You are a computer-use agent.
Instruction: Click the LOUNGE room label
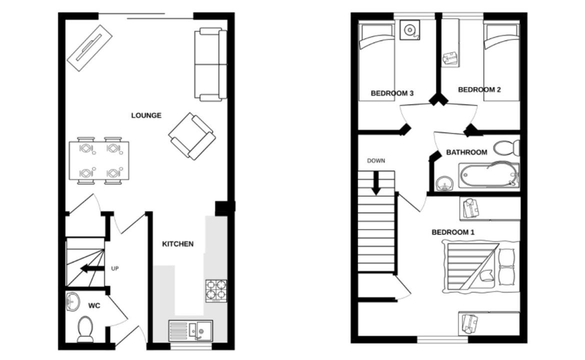point(146,115)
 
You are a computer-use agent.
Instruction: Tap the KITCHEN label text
point(177,244)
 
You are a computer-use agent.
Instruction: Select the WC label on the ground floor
point(94,306)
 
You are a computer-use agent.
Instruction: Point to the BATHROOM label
point(466,152)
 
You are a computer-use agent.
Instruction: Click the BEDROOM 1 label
point(453,232)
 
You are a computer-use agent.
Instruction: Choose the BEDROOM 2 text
point(479,89)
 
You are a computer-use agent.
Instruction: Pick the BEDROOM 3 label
point(392,93)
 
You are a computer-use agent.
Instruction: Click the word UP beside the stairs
point(115,268)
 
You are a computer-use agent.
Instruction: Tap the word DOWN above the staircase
point(376,161)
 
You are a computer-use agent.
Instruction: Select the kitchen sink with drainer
point(190,330)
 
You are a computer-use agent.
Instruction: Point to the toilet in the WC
point(85,328)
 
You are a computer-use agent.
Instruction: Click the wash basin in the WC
point(73,301)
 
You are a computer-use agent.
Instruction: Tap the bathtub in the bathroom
point(489,175)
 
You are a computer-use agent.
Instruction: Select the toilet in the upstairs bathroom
point(506,148)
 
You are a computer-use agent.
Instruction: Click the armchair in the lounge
point(192,136)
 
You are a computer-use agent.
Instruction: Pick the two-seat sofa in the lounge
point(211,64)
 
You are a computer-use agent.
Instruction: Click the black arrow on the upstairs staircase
point(376,183)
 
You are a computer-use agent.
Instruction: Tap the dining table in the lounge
point(99,160)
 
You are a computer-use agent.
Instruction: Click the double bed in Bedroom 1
point(481,265)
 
